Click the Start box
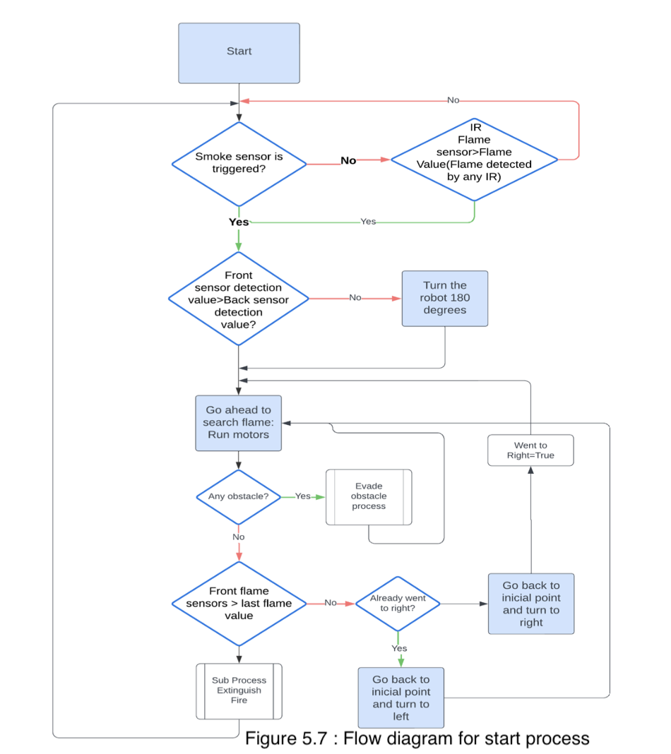point(239,53)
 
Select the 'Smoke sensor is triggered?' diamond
point(239,164)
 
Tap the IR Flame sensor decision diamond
point(474,159)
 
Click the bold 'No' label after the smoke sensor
point(348,160)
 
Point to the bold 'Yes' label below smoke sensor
point(239,222)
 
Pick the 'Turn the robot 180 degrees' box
point(444,298)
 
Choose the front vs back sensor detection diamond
point(239,299)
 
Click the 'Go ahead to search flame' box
point(238,422)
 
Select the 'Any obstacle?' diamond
point(238,496)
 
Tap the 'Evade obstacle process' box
point(369,496)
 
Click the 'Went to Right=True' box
point(530,450)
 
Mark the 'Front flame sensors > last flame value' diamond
point(239,604)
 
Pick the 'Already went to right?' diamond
point(398,604)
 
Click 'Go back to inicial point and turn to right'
point(530,604)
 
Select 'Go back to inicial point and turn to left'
point(400,698)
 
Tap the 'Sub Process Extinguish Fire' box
point(239,690)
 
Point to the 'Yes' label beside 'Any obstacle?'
point(302,496)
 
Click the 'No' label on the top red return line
point(453,100)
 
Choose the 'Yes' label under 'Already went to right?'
point(399,648)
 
